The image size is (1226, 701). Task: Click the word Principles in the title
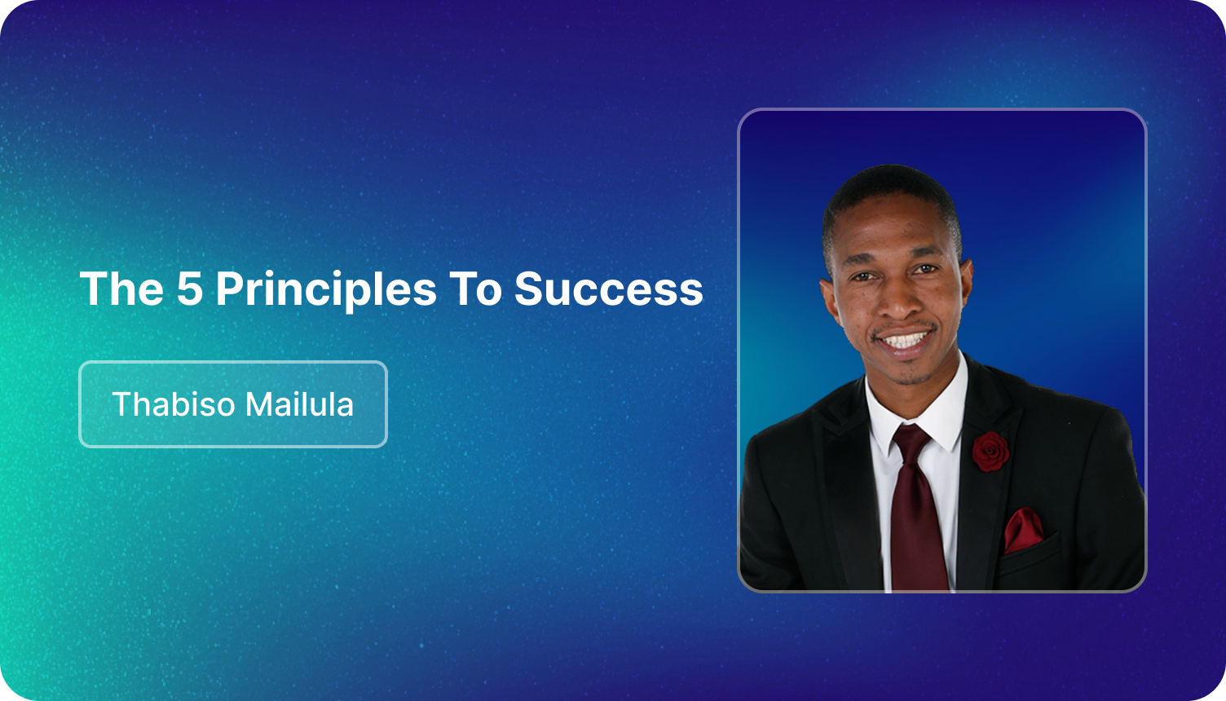[326, 290]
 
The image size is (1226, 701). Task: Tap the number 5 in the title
[189, 288]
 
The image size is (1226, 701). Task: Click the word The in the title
[121, 288]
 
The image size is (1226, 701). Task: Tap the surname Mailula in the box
[299, 404]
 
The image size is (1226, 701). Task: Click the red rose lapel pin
[990, 451]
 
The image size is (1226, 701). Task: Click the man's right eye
[862, 277]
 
